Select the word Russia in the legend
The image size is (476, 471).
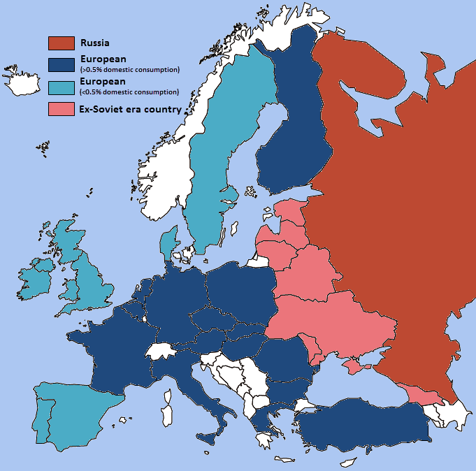(95, 43)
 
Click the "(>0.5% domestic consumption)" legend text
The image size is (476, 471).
(130, 69)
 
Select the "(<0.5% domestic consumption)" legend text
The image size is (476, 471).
(130, 92)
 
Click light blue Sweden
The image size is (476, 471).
(217, 161)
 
